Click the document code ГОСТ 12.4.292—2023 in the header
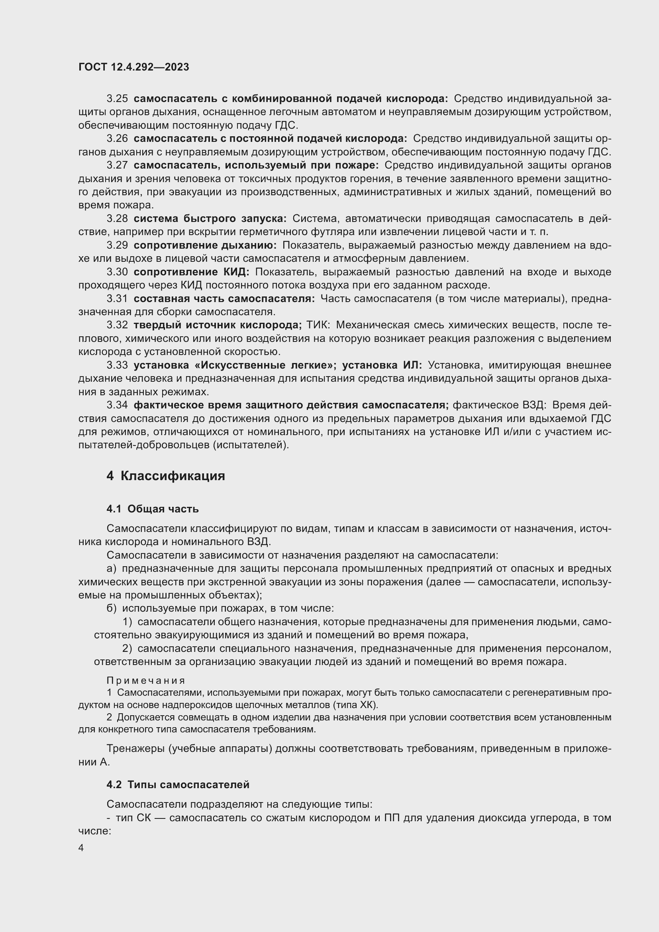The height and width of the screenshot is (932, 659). [x=134, y=67]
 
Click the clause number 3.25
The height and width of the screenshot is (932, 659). [x=117, y=99]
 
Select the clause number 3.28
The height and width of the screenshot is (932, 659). [x=117, y=219]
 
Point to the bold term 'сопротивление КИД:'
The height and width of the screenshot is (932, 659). [x=192, y=272]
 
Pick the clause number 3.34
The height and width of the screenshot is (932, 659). [x=117, y=405]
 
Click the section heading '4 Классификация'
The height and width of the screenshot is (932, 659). [x=166, y=476]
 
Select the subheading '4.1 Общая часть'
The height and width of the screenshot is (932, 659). [x=153, y=509]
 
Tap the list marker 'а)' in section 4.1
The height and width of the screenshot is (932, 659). [x=112, y=569]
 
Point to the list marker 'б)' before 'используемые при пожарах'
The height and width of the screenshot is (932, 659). [x=112, y=608]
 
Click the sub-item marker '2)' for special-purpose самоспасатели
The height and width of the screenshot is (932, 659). [x=127, y=649]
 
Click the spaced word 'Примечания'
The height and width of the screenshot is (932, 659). [x=146, y=681]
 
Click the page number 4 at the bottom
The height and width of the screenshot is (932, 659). [x=81, y=848]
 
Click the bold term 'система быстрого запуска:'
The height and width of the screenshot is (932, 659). [x=210, y=219]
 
